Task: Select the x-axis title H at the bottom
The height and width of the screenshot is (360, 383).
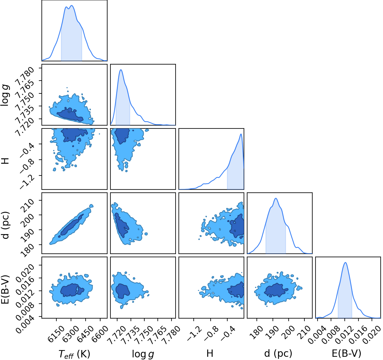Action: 210,354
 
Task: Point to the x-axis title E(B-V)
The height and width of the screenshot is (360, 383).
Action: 346,354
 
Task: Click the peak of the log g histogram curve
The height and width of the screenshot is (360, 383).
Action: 121,69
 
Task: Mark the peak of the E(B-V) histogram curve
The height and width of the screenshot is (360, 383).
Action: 345,262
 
